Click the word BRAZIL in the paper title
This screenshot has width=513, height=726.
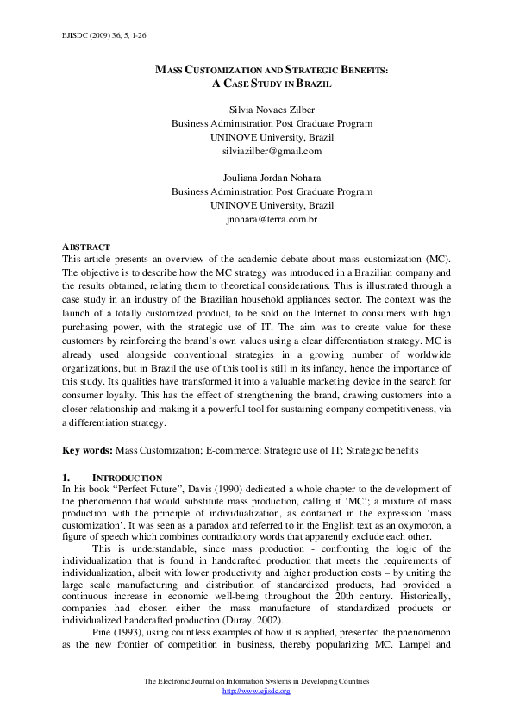[314, 84]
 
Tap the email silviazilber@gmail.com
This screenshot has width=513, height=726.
[272, 150]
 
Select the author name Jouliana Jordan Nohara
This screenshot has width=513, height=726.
[272, 178]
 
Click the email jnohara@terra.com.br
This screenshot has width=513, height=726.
[272, 220]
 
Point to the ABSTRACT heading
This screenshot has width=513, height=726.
[86, 247]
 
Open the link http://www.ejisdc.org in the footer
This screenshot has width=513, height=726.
[256, 691]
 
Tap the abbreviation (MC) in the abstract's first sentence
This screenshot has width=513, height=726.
[433, 259]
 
